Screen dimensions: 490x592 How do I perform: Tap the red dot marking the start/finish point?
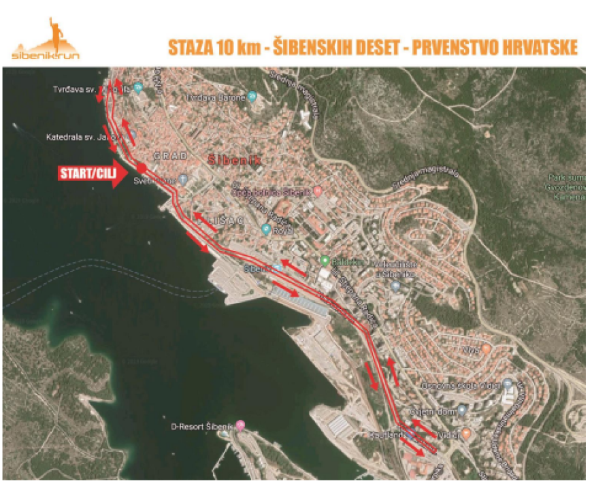(x=141, y=167)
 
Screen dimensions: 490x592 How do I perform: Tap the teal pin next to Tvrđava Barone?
(x=252, y=96)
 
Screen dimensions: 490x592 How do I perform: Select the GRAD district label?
(x=171, y=156)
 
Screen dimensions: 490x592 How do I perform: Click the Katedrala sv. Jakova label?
(x=80, y=137)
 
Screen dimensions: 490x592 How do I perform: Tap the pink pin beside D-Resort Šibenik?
(x=240, y=426)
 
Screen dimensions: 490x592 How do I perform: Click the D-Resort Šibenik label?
(x=201, y=427)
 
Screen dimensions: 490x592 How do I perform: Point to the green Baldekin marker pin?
(x=325, y=261)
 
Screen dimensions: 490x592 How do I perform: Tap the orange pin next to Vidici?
(x=466, y=433)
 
